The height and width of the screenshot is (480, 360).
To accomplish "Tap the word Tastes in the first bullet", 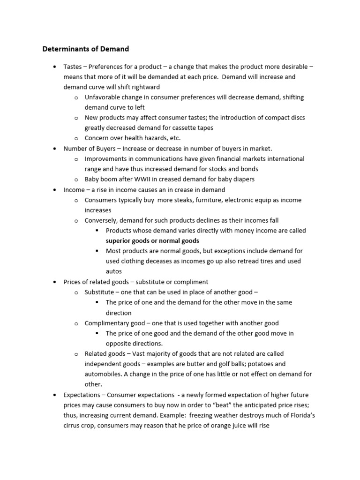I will [x=73, y=67].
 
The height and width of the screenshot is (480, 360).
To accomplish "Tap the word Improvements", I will [x=106, y=159].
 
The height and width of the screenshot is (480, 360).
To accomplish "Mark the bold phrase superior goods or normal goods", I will [x=152, y=241].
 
